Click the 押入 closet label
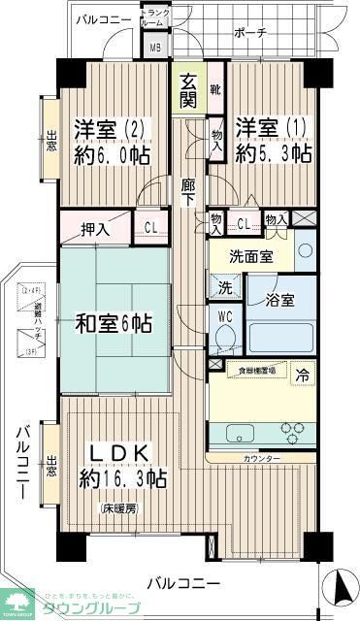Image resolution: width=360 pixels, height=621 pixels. pyautogui.click(x=94, y=230)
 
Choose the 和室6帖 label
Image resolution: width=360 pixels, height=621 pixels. pyautogui.click(x=114, y=323)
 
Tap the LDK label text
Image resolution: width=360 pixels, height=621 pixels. pyautogui.click(x=120, y=453)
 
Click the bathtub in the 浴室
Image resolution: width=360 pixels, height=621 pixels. pyautogui.click(x=282, y=336)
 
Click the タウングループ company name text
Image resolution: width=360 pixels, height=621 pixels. pyautogui.click(x=95, y=608)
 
